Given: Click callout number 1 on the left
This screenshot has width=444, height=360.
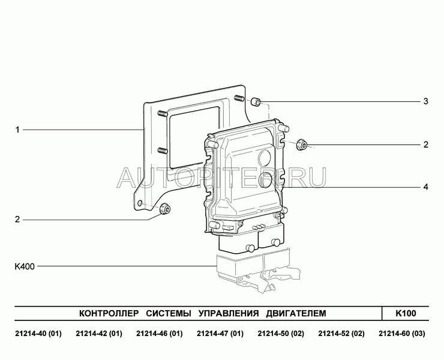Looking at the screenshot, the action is pyautogui.click(x=17, y=130).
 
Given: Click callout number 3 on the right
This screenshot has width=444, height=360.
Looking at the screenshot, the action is pyautogui.click(x=425, y=101).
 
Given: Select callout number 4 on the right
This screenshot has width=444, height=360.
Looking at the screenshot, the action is pyautogui.click(x=425, y=187).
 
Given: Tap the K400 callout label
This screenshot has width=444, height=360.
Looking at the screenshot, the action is pyautogui.click(x=25, y=266).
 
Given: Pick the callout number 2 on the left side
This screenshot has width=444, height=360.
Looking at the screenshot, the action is pyautogui.click(x=17, y=220).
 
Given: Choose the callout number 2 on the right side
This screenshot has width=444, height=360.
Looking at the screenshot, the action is pyautogui.click(x=425, y=145).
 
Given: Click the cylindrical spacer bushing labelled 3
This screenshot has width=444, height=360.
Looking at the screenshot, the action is pyautogui.click(x=256, y=101).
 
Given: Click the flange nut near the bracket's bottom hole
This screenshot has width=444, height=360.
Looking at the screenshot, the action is pyautogui.click(x=164, y=209).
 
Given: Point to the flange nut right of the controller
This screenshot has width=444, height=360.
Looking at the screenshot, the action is pyautogui.click(x=302, y=145).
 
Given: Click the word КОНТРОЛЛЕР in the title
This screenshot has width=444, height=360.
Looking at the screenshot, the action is pyautogui.click(x=109, y=314).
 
